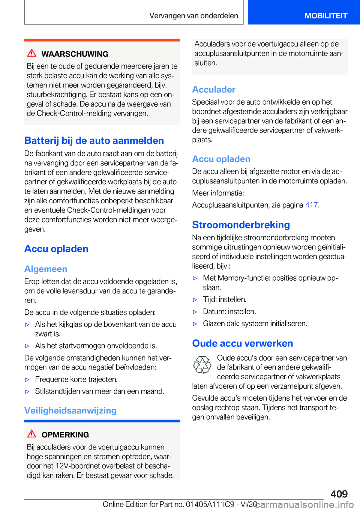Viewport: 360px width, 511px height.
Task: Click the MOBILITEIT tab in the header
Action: (325, 15)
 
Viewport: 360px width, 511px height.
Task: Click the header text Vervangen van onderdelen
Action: (193, 15)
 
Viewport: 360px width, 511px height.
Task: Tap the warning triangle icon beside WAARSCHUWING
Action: (32, 53)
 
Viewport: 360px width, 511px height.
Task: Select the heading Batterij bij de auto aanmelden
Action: (94, 140)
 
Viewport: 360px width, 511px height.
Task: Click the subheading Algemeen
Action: (46, 269)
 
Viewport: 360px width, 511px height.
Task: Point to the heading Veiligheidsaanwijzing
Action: (70, 410)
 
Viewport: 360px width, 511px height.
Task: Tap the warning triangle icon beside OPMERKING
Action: (32, 434)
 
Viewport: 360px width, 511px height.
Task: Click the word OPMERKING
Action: (65, 435)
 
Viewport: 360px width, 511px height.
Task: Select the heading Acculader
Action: (214, 89)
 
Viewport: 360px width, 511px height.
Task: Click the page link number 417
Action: (311, 205)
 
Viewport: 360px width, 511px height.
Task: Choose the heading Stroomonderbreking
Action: (241, 225)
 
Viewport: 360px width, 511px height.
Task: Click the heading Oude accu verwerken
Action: (243, 343)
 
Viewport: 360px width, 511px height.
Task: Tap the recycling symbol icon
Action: (202, 365)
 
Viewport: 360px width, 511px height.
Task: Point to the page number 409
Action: (339, 494)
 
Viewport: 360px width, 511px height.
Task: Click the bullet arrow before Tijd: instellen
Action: (195, 300)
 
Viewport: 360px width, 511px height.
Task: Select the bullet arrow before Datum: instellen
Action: (195, 312)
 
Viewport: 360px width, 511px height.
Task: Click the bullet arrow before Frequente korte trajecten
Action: (27, 380)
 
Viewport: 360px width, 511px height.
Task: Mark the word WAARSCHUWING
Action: (75, 54)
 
